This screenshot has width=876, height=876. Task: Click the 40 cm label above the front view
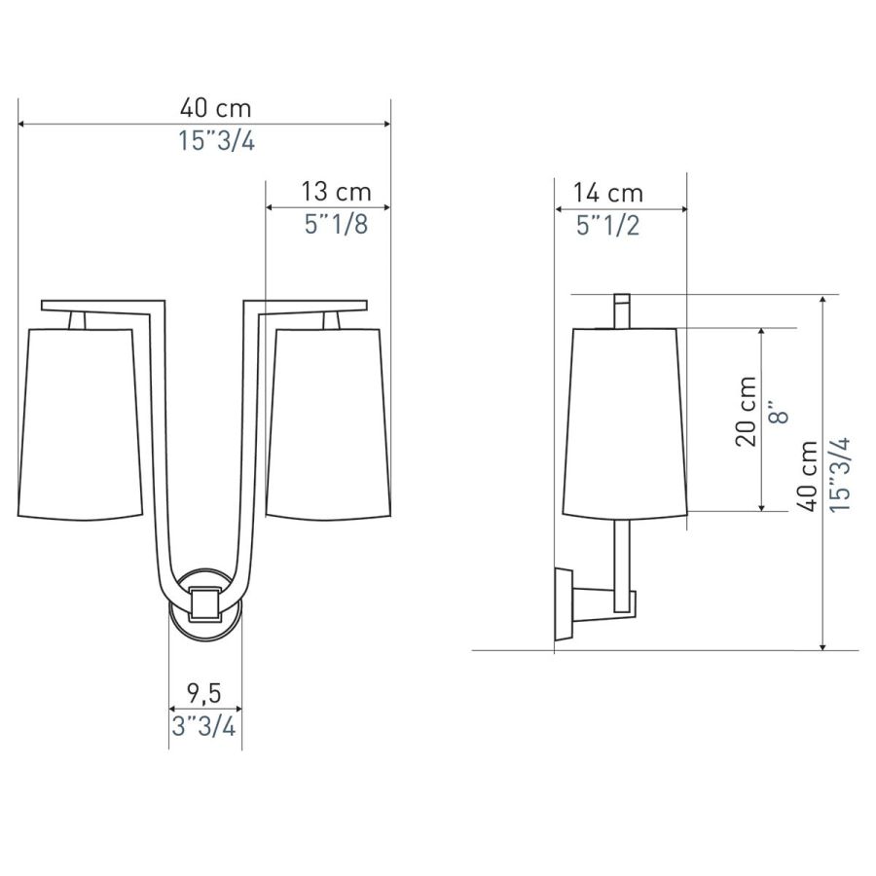pos(216,108)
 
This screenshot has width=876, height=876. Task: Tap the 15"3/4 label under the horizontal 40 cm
pos(217,141)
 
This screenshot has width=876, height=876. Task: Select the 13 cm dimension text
pos(337,192)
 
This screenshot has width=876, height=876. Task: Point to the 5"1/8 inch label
pos(337,225)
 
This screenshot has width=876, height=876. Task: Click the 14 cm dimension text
pos(608,194)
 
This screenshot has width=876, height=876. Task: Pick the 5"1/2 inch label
pos(607,226)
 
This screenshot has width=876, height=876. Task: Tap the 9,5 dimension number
pos(204,694)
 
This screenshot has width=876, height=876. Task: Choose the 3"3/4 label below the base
pos(204,727)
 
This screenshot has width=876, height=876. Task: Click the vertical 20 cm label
pos(746,411)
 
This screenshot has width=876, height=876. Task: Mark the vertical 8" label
pos(779,412)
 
